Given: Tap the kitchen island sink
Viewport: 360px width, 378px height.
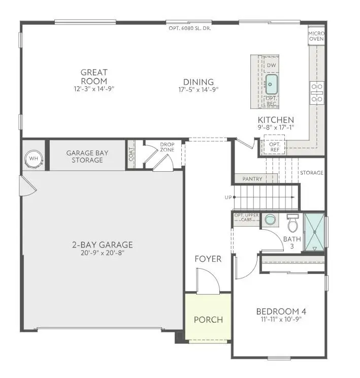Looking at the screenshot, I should pos(272,81).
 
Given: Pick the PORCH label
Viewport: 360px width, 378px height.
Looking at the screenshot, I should pos(208,320).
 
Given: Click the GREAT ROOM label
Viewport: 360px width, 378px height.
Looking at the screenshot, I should pos(94,77).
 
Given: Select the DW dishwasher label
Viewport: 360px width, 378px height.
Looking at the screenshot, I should pos(271,66).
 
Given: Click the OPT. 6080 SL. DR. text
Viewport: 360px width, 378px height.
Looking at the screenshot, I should pos(190,28).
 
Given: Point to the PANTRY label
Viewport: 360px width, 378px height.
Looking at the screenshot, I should pos(252,179).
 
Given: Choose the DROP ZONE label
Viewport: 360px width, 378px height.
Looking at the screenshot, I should pos(167,147).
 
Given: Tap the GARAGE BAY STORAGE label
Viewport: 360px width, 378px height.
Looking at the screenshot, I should pos(87,156).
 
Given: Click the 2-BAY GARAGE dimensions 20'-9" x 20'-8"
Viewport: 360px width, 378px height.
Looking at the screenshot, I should pos(102,253).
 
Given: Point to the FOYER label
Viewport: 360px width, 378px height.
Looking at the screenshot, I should pos(208,259).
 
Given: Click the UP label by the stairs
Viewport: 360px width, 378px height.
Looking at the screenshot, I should pos(228,197).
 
